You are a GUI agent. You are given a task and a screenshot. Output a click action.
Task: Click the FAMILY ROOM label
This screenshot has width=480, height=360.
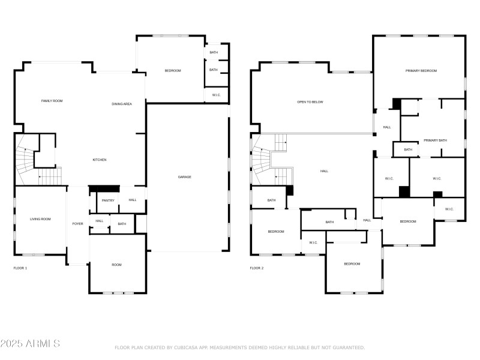point(52,101)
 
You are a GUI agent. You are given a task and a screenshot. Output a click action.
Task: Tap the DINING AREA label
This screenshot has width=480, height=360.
point(122,104)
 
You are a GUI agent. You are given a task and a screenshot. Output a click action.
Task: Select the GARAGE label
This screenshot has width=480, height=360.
point(185,177)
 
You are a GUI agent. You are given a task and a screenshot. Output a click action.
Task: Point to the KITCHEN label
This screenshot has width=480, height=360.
point(100,160)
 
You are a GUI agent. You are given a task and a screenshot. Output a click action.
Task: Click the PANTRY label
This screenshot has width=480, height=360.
point(108,200)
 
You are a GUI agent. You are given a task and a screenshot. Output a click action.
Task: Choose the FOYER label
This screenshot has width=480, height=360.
point(78,224)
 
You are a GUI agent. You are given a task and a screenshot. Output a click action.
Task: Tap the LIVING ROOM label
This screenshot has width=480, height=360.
point(40,219)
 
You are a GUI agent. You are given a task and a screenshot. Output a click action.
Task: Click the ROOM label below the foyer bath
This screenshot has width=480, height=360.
point(116,265)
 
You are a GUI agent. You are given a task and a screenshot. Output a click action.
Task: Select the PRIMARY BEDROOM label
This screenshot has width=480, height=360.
point(421,71)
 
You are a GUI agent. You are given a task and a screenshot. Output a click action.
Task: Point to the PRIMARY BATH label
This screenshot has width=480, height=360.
point(435,140)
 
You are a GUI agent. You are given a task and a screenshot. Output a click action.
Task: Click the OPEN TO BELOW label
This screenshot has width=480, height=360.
point(310,102)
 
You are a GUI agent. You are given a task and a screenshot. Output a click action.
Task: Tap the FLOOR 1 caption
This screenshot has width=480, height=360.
point(20,268)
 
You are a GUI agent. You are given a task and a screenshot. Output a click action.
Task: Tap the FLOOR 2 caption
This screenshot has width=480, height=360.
point(257,268)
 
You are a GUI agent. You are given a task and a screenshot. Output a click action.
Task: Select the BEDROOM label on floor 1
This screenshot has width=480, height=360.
point(173,71)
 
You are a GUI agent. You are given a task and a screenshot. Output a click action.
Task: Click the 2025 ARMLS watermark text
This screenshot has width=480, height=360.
point(30,344)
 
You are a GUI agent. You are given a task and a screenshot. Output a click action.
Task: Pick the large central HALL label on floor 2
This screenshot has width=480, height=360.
point(324,172)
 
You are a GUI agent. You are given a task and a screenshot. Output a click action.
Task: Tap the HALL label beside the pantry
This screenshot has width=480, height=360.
point(133,200)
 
